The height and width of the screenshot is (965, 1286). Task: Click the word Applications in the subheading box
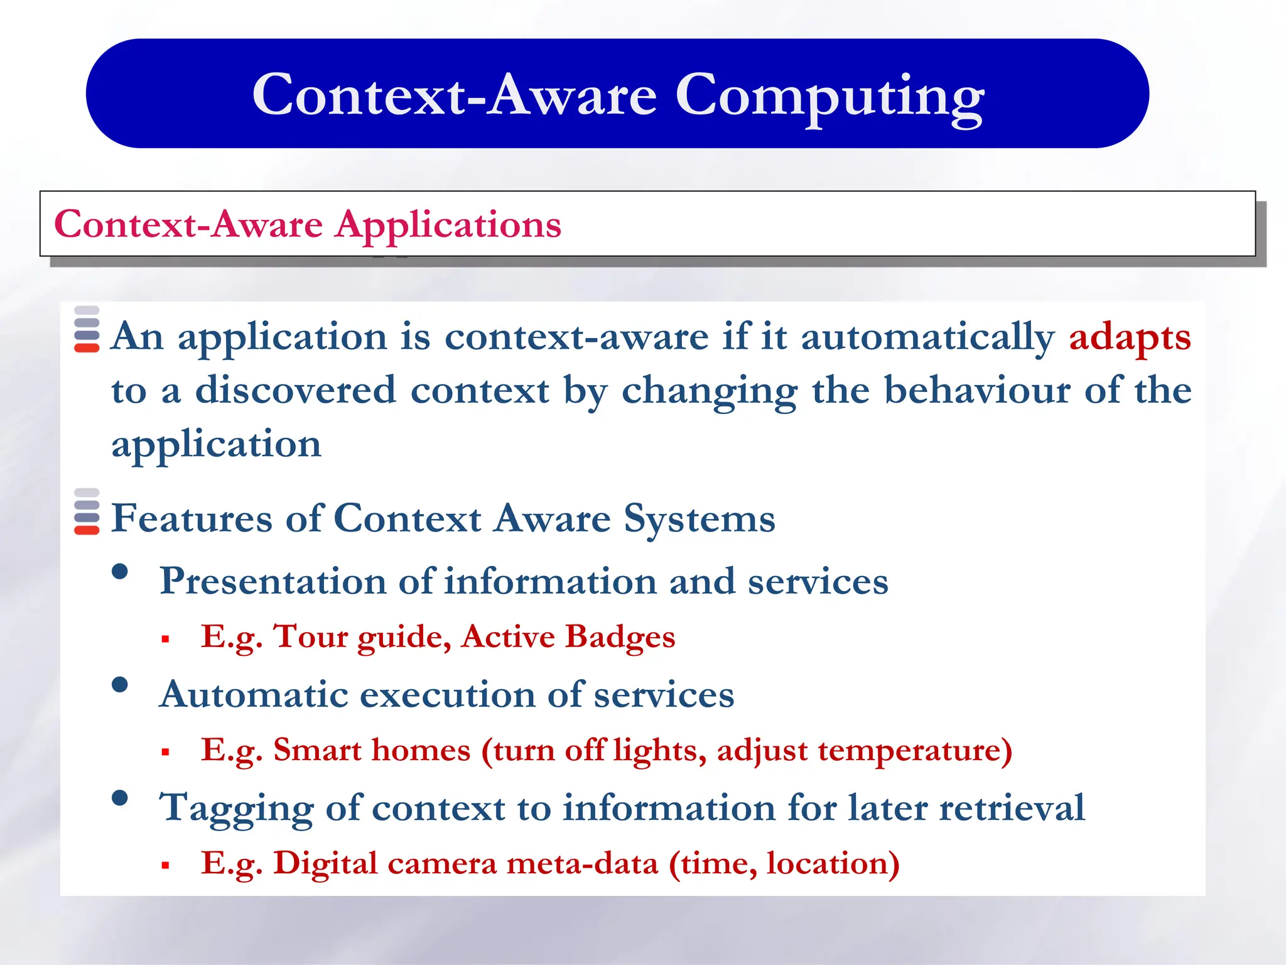click(x=448, y=225)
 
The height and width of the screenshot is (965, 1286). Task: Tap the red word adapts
click(x=1130, y=337)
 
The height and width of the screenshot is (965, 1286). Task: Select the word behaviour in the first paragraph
click(x=977, y=390)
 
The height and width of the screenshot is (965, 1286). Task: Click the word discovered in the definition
click(x=295, y=390)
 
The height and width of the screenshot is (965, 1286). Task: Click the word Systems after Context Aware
click(x=699, y=520)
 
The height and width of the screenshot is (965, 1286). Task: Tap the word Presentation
click(x=273, y=581)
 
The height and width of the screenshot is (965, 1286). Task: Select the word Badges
click(x=620, y=637)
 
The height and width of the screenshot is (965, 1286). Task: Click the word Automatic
click(x=254, y=695)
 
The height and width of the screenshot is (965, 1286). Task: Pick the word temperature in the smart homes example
click(x=909, y=750)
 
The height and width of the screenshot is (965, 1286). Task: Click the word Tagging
click(x=236, y=809)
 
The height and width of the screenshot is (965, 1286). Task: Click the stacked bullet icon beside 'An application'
click(x=87, y=329)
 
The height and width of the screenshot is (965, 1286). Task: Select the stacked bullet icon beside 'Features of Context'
click(x=87, y=511)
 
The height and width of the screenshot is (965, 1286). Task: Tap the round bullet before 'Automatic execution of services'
click(x=120, y=685)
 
